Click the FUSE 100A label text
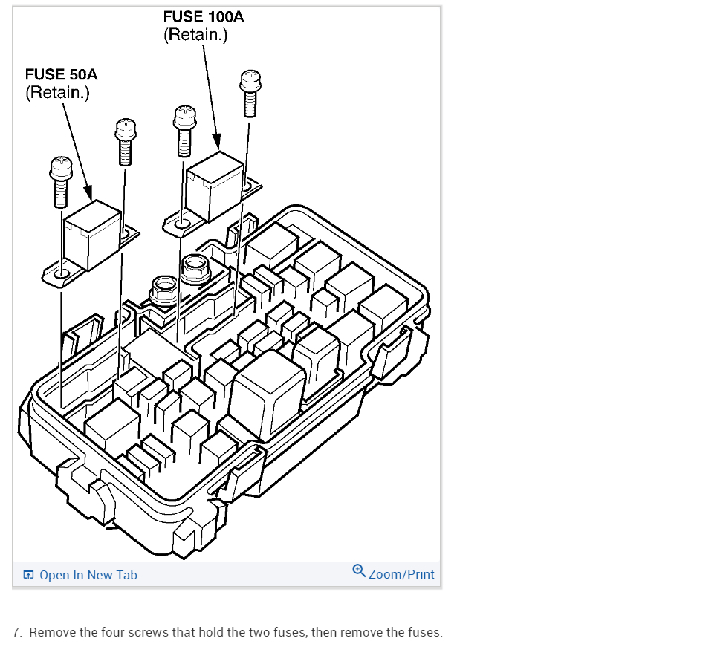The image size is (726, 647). [204, 16]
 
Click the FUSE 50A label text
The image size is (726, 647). [61, 74]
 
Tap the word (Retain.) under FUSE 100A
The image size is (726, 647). [195, 34]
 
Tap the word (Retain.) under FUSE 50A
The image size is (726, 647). [57, 93]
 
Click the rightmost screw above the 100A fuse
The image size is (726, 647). [249, 95]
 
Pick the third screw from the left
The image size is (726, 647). [184, 131]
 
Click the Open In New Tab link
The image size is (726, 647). [88, 575]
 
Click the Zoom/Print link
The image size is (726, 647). [401, 574]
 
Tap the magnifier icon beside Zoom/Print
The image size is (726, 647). [359, 571]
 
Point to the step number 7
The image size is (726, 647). [16, 633]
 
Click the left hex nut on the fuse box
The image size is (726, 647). [163, 290]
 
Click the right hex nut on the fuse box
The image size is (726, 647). [195, 267]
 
